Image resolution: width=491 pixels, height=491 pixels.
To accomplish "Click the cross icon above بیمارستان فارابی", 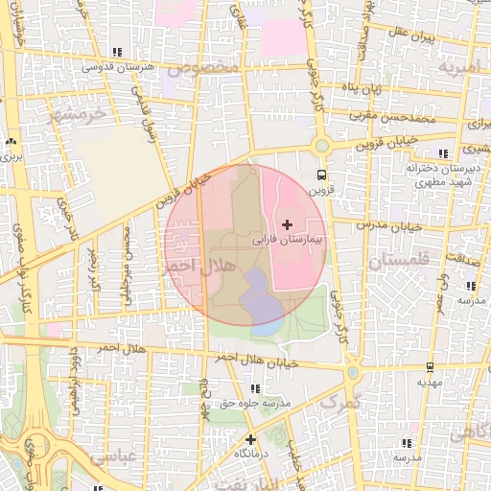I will coord(287,223).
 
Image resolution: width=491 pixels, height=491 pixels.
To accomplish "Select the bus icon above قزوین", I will coord(321,175).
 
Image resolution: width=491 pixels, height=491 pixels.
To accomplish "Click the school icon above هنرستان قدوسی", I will coord(117,53).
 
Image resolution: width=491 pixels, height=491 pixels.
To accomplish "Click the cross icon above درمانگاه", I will coord(251,439).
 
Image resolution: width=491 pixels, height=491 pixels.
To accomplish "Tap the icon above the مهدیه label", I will coord(429,367).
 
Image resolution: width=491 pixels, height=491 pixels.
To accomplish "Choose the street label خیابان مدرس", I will coord(384,225).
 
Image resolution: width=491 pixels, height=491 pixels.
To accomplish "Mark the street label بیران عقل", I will coord(413,37).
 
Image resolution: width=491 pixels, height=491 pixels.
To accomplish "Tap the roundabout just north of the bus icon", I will coord(321,147).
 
